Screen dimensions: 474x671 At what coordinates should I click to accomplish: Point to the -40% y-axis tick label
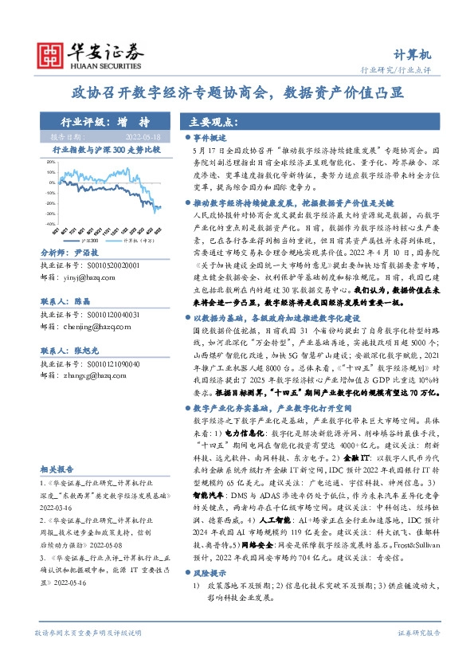pos(50,224)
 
